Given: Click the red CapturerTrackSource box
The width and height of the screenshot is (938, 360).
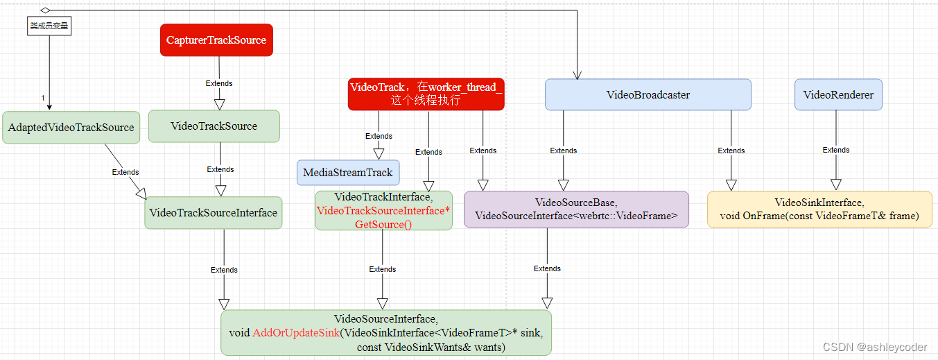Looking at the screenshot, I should click(x=216, y=40).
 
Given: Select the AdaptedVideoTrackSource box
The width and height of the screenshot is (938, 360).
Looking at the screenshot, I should click(x=71, y=128).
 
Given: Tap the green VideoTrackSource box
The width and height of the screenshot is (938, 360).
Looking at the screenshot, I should click(x=214, y=126).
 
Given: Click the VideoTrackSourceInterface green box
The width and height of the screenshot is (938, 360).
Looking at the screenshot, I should click(x=213, y=213).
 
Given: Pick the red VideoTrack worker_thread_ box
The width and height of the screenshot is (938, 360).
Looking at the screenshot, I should click(x=426, y=94).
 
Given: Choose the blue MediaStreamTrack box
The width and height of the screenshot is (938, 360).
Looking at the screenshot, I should click(x=347, y=173).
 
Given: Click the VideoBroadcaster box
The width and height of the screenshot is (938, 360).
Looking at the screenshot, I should click(x=648, y=94).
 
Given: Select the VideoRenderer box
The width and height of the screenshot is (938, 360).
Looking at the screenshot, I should click(x=837, y=94).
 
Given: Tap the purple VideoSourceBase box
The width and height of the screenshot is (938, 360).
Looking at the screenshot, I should click(x=576, y=209).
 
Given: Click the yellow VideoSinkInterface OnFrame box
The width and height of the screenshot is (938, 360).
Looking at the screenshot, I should click(x=819, y=209).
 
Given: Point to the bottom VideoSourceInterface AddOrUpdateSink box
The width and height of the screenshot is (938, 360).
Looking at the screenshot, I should click(x=386, y=333).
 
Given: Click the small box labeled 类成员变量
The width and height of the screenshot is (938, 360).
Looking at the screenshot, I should click(x=50, y=26).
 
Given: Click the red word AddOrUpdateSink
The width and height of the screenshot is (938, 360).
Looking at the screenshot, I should click(x=296, y=333).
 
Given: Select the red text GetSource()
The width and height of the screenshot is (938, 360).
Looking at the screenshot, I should click(x=383, y=224).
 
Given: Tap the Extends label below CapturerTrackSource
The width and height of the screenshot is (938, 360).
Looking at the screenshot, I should click(x=219, y=83).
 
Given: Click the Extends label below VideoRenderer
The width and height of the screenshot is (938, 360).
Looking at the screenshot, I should click(x=835, y=150).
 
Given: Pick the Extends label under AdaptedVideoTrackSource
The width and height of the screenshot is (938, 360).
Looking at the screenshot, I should click(x=125, y=172).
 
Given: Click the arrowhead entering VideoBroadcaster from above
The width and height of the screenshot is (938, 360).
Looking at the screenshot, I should click(x=577, y=75).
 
